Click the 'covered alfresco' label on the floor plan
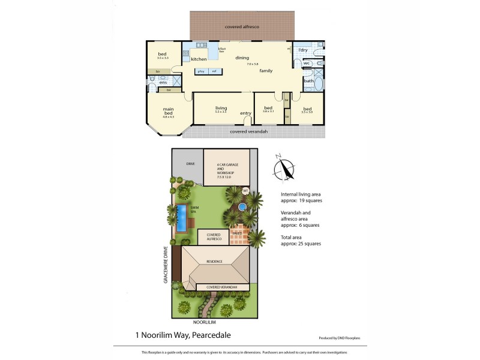pyautogui.click(x=242, y=27)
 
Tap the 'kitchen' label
pyautogui.click(x=199, y=59)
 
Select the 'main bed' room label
pyautogui.click(x=169, y=111)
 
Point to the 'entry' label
pyautogui.click(x=245, y=113)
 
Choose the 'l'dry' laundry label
pyautogui.click(x=303, y=50)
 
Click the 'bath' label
pyautogui.click(x=308, y=80)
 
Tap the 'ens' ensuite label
pyautogui.click(x=163, y=82)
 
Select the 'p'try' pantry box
pyautogui.click(x=200, y=71)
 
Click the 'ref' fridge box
pyautogui.click(x=214, y=71)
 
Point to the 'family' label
pyautogui.click(x=266, y=71)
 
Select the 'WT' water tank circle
pyautogui.click(x=245, y=191)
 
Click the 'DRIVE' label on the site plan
pyautogui.click(x=191, y=163)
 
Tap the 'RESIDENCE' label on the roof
pyautogui.click(x=214, y=262)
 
